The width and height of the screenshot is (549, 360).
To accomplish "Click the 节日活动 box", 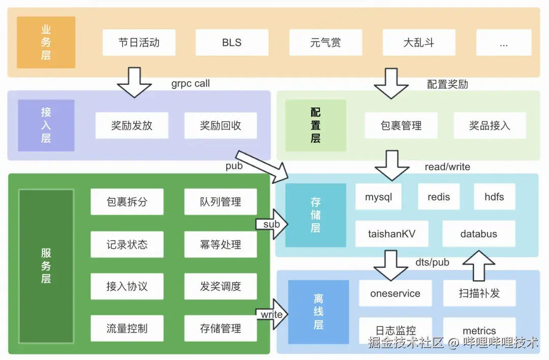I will pyautogui.click(x=139, y=43).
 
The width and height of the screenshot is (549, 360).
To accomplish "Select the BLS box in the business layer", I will pyautogui.click(x=232, y=43).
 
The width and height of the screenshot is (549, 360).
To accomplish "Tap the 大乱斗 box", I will pyautogui.click(x=419, y=43).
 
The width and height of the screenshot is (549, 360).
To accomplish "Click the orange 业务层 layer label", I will pyautogui.click(x=46, y=43).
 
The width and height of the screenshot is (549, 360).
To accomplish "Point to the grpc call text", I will pyautogui.click(x=191, y=84).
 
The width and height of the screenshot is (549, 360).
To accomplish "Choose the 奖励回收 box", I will pyautogui.click(x=221, y=126).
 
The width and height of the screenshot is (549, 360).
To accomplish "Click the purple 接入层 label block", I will pyautogui.click(x=46, y=126).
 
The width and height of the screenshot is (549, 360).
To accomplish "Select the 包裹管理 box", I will pyautogui.click(x=401, y=126).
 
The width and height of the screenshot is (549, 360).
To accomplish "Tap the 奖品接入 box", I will pyautogui.click(x=490, y=126).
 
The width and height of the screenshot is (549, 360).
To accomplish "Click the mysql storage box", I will pyautogui.click(x=379, y=197).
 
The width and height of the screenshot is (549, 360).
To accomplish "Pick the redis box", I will pyautogui.click(x=439, y=197).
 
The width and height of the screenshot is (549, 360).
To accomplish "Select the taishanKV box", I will pyautogui.click(x=391, y=234).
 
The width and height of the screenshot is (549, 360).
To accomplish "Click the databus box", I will pyautogui.click(x=478, y=234).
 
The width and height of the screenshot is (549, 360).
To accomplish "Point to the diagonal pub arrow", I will pyautogui.click(x=262, y=167).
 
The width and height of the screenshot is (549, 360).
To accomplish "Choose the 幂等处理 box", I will pyautogui.click(x=221, y=245).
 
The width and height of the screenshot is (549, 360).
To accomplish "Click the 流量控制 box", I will pyautogui.click(x=127, y=328).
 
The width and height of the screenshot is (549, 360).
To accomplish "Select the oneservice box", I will pyautogui.click(x=395, y=293).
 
